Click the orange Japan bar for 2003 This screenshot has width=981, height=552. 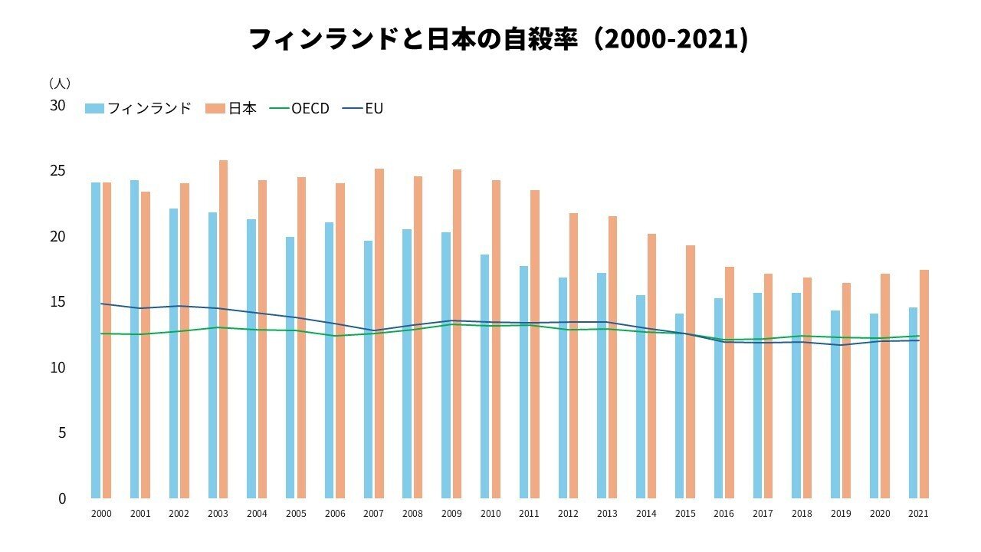pos(223,330)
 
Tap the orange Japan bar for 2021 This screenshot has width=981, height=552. pos(924,383)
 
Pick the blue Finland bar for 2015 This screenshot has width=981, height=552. pos(679,406)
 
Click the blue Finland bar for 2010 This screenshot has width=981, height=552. pos(484,376)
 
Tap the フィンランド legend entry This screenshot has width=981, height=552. pos(139,109)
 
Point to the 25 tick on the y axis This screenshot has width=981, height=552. pos(58,171)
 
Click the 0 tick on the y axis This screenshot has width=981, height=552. pos(62,498)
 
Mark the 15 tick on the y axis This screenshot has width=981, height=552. pos(58,302)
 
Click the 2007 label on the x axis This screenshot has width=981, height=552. pos(373,514)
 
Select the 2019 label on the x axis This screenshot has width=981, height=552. pos(841,514)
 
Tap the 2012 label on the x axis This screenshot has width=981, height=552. pos(568,514)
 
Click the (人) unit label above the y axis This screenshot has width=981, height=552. pos(59,83)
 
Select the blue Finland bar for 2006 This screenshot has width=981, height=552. pos(329,360)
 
